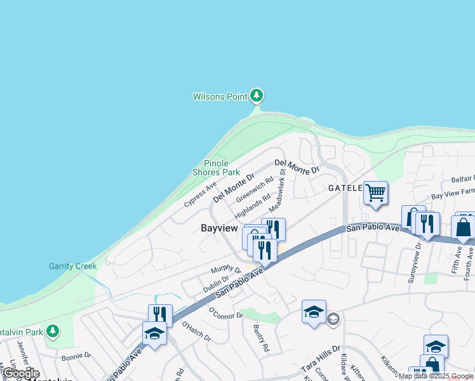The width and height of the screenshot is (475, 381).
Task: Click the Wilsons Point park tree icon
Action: coord(257,96)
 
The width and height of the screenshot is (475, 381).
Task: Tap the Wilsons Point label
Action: coord(220,97)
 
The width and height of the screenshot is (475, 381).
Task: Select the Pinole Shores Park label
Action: coord(222,168)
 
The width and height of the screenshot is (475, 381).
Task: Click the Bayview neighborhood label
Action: coord(219,227)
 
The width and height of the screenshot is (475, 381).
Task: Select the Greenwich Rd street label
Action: coord(254,189)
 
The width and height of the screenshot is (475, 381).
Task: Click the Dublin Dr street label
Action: coord(216,283)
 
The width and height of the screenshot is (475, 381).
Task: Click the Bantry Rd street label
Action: coord(261,339)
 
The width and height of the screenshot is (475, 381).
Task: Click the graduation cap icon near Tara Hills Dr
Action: coord(314,311)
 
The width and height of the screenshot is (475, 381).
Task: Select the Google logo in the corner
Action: coord(20,374)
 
